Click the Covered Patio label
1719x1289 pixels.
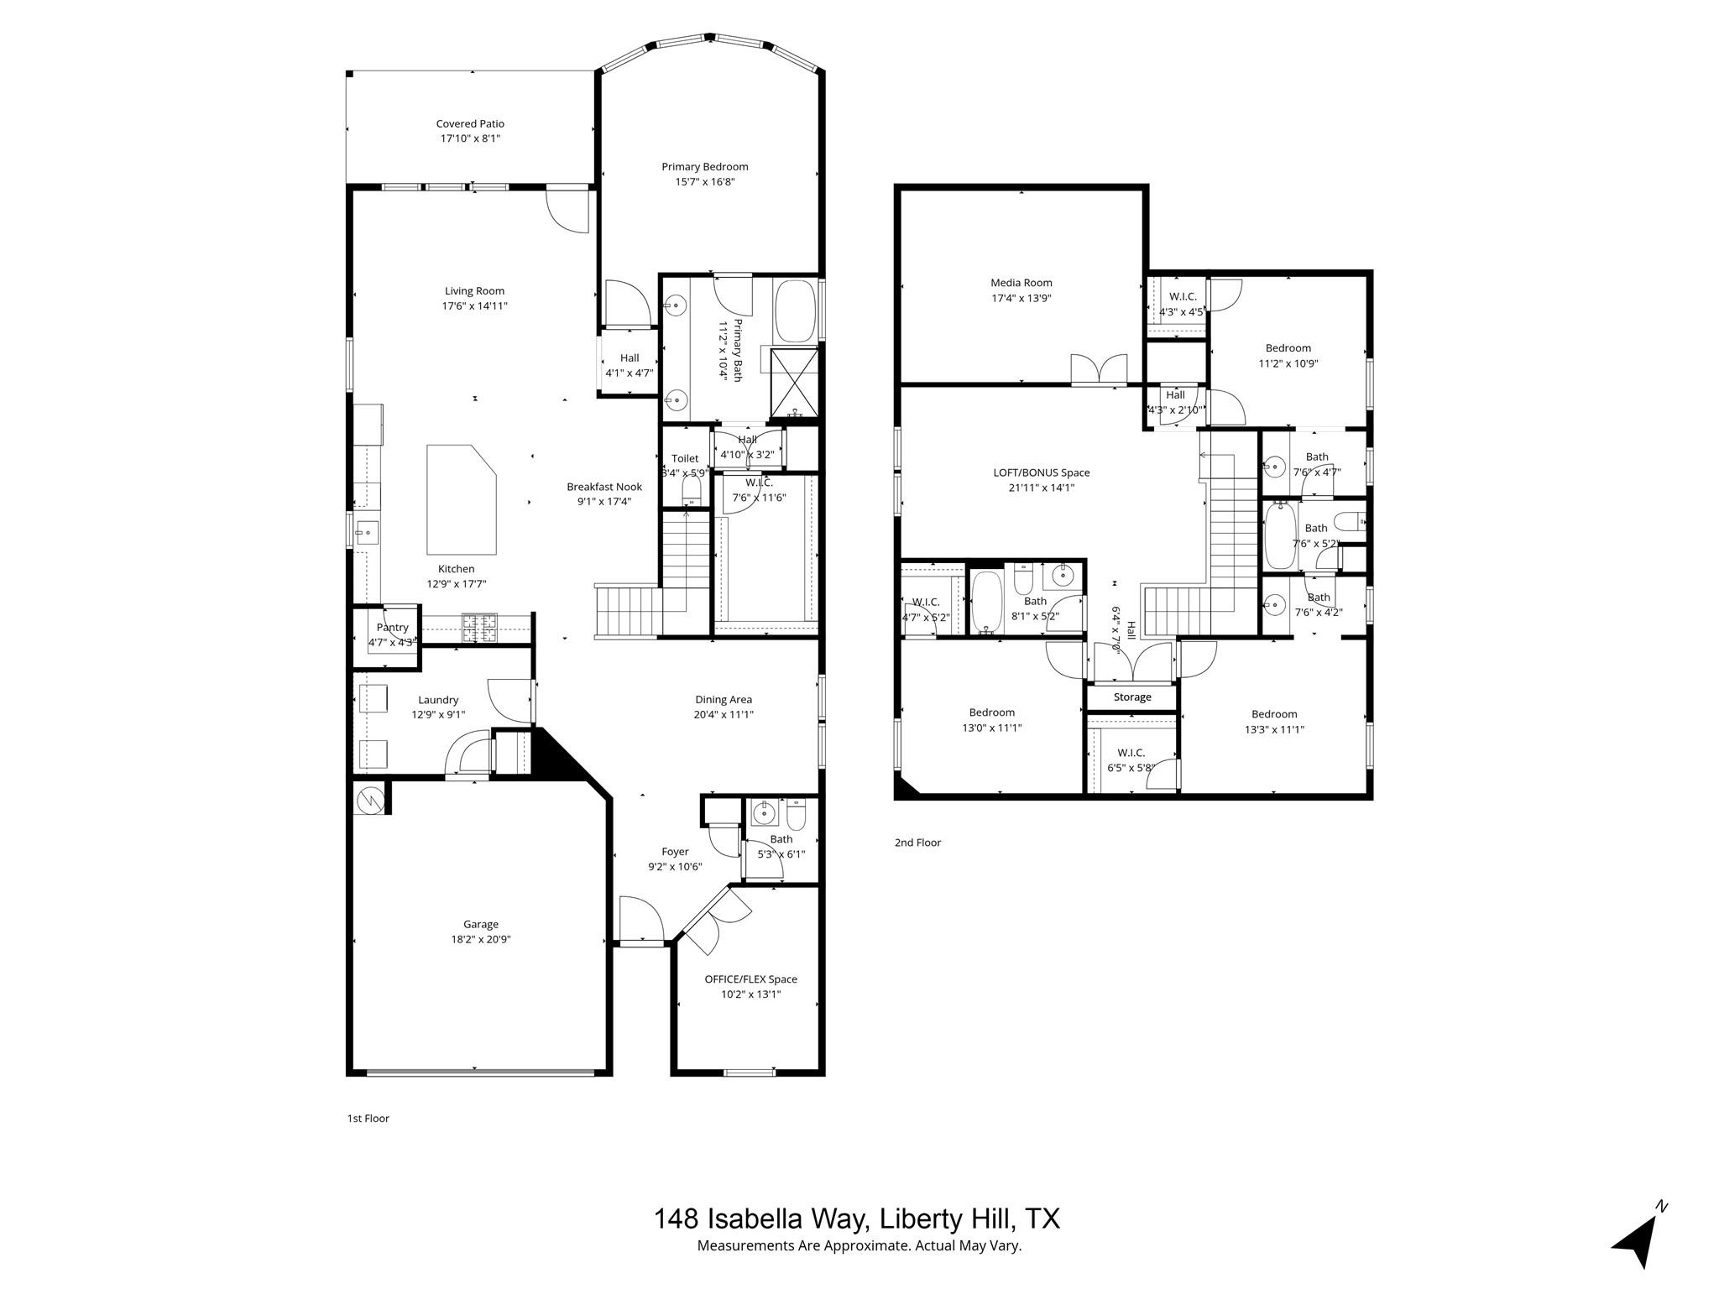pyautogui.click(x=470, y=123)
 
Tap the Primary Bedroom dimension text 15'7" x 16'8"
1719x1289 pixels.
pyautogui.click(x=704, y=182)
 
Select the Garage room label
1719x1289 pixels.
pyautogui.click(x=481, y=924)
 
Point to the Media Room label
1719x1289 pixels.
pyautogui.click(x=1021, y=283)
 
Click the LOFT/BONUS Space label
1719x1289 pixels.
pyautogui.click(x=1041, y=472)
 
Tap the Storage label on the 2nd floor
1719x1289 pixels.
pyautogui.click(x=1132, y=697)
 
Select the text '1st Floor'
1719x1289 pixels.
pyautogui.click(x=368, y=1118)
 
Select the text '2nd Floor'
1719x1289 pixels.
pyautogui.click(x=917, y=843)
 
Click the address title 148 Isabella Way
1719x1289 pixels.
pyautogui.click(x=856, y=1219)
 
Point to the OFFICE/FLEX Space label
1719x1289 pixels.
pyautogui.click(x=750, y=979)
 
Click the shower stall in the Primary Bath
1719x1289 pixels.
pyautogui.click(x=793, y=382)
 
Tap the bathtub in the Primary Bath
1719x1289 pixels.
pyautogui.click(x=795, y=311)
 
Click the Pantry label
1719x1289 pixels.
pyautogui.click(x=392, y=628)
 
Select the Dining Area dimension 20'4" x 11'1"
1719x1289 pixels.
pyautogui.click(x=724, y=715)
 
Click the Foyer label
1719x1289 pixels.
pyautogui.click(x=675, y=852)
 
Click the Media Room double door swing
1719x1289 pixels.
pyautogui.click(x=1099, y=369)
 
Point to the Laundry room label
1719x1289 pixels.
pyautogui.click(x=438, y=700)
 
